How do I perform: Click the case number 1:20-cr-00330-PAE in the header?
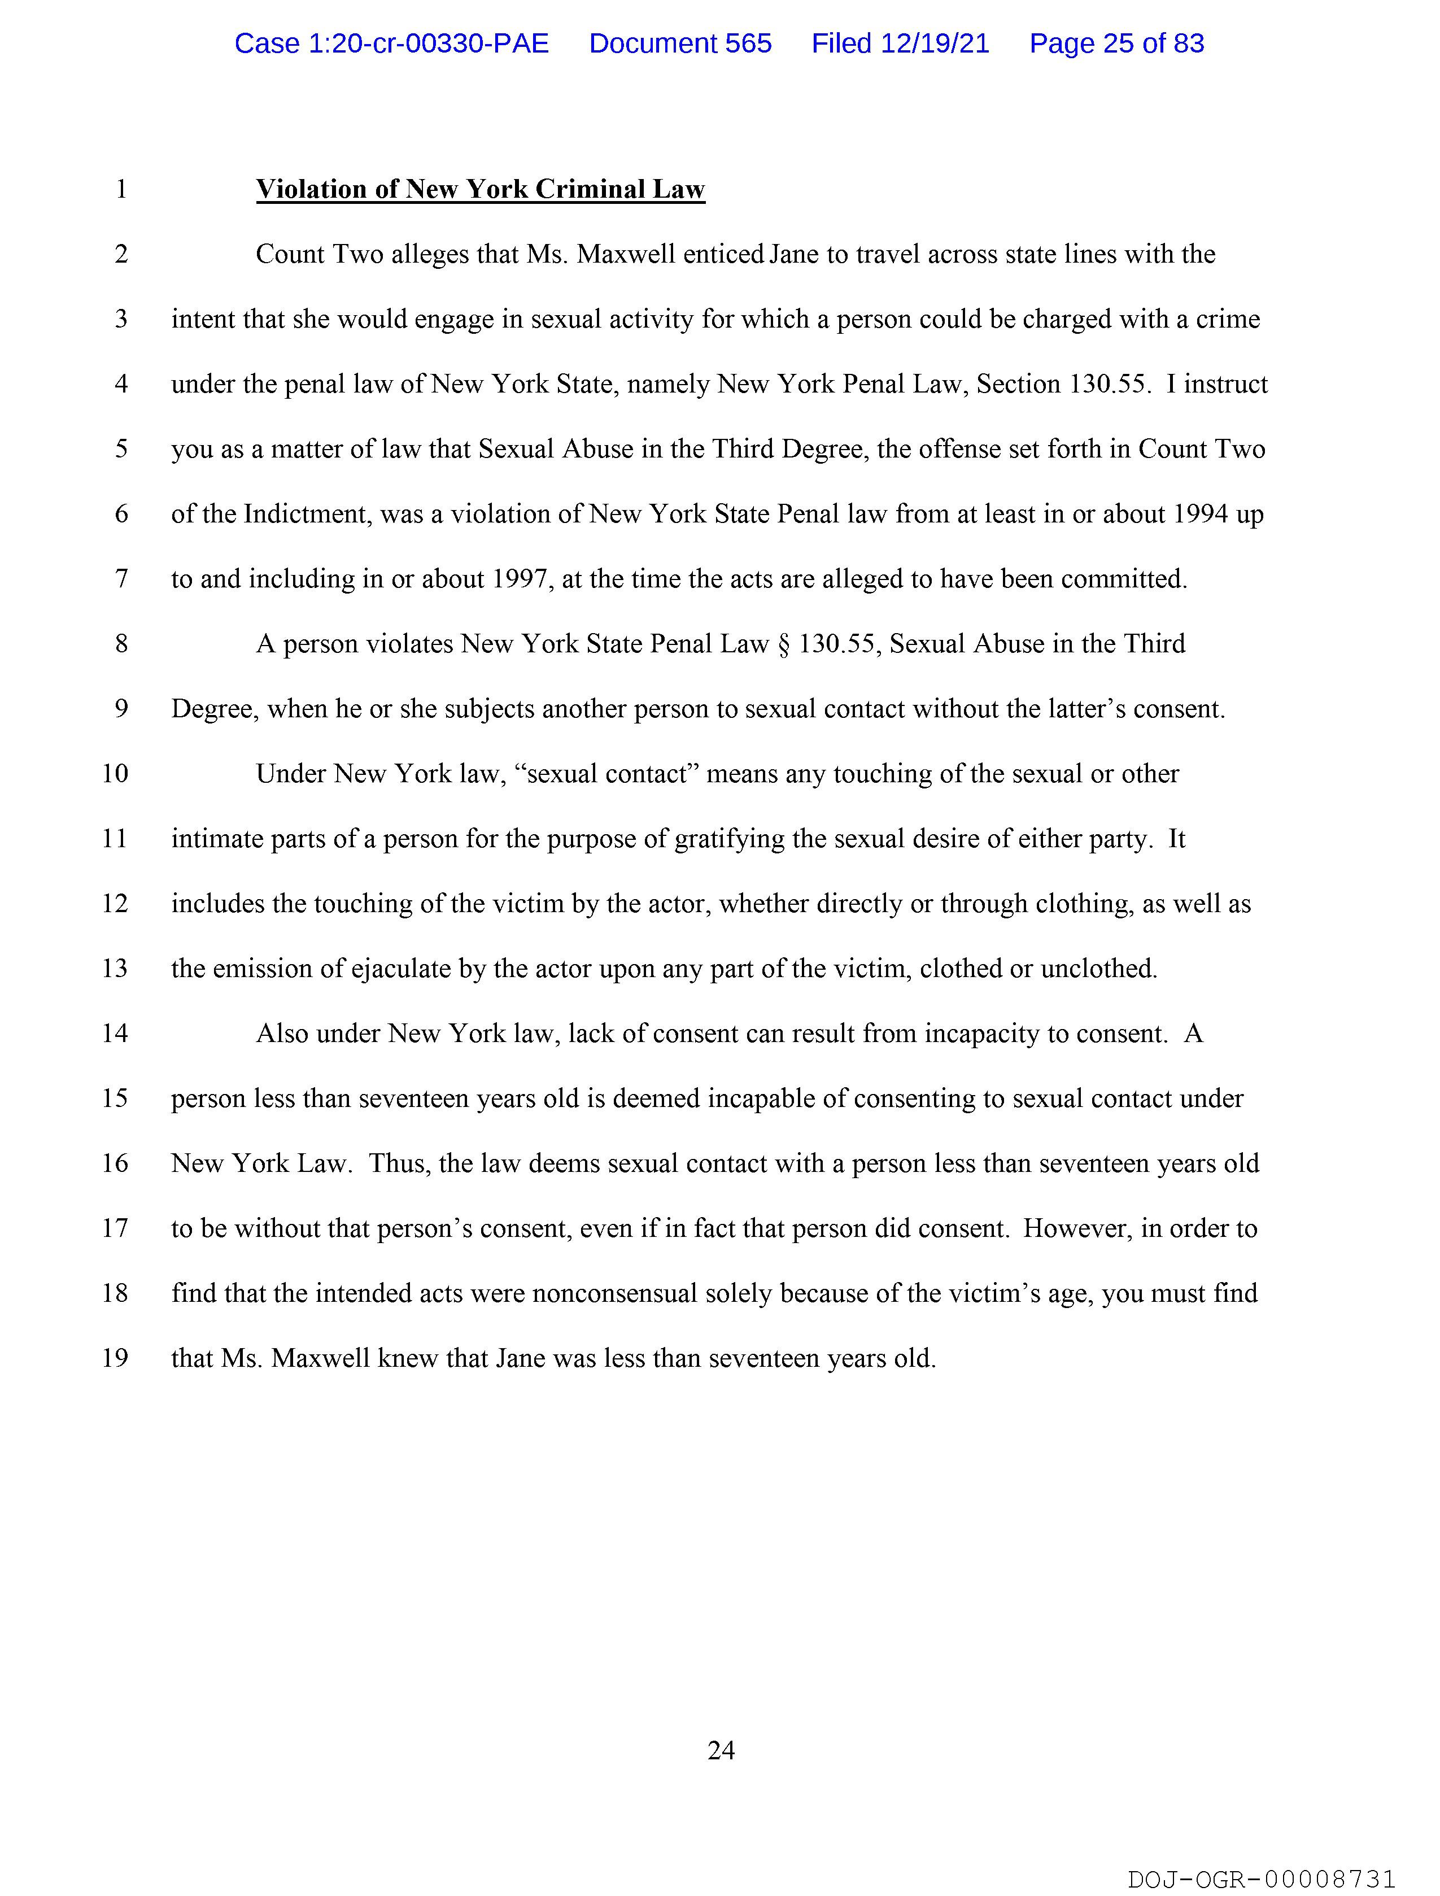392,43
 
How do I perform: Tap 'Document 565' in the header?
680,43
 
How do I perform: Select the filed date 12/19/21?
900,43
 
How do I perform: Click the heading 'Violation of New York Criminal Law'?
480,189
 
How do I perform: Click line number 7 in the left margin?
121,578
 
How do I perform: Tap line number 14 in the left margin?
115,1033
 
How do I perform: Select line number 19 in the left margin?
115,1358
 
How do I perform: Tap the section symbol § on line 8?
783,644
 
